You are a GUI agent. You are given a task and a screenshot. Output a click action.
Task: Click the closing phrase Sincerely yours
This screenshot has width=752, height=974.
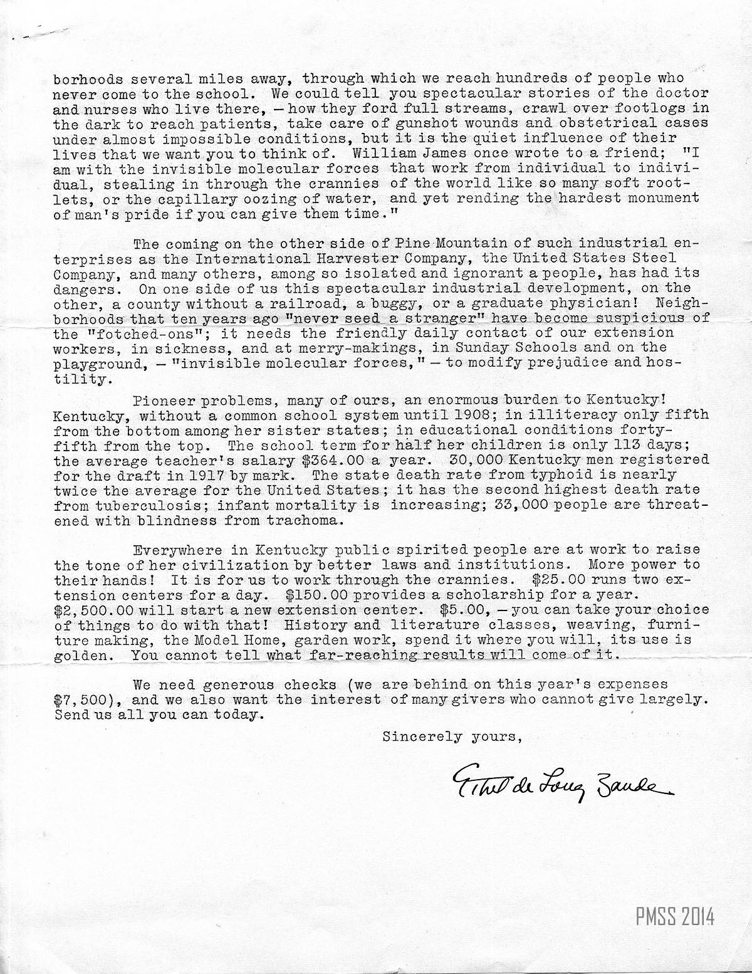tap(452, 736)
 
